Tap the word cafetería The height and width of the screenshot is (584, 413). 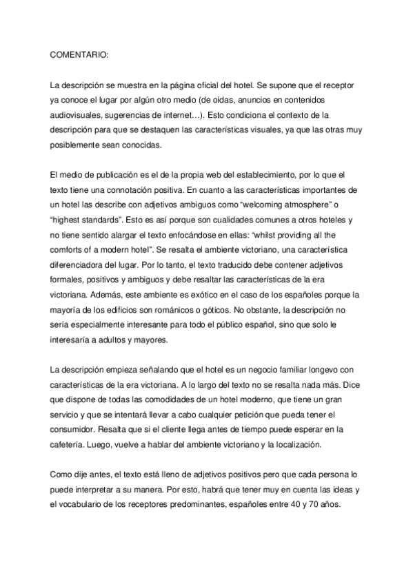tap(71, 430)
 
